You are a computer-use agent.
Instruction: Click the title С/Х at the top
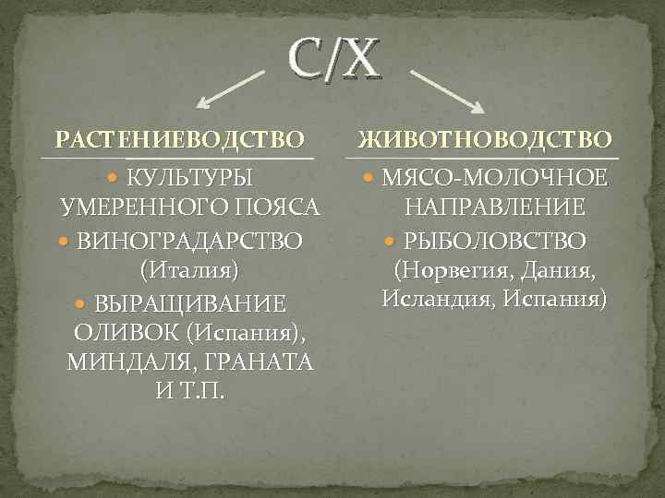pos(333,59)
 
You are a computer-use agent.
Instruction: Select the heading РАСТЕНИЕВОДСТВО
pos(180,140)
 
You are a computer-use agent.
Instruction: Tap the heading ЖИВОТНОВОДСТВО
pos(485,140)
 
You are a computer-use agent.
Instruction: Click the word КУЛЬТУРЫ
pos(189,176)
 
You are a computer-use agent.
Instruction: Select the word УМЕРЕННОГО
pos(144,207)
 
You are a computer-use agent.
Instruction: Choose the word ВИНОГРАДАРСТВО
pos(189,241)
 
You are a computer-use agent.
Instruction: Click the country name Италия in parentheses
pos(188,271)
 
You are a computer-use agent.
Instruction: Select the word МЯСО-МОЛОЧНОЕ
pos(494,176)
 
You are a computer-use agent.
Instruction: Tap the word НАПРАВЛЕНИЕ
pos(494,207)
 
